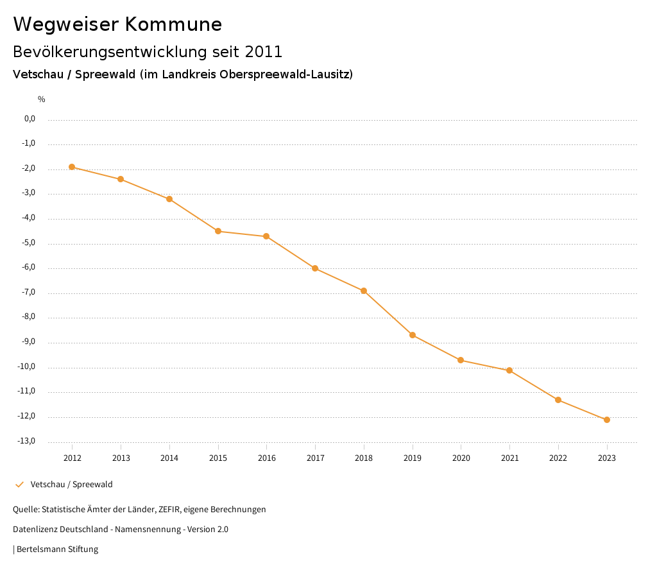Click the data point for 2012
[72, 167]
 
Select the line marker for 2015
[218, 231]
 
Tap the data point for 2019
[413, 335]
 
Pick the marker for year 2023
[607, 420]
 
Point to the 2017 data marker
[315, 268]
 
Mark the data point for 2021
[509, 370]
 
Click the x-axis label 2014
[169, 458]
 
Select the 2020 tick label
[461, 458]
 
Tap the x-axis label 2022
[558, 458]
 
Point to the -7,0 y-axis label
[28, 292]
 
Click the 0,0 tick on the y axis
[30, 119]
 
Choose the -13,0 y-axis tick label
[28, 441]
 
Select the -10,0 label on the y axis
[28, 367]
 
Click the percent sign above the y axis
[42, 99]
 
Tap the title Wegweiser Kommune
[117, 24]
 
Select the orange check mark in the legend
[19, 485]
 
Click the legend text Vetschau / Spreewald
[71, 485]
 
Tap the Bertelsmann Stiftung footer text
[57, 549]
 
